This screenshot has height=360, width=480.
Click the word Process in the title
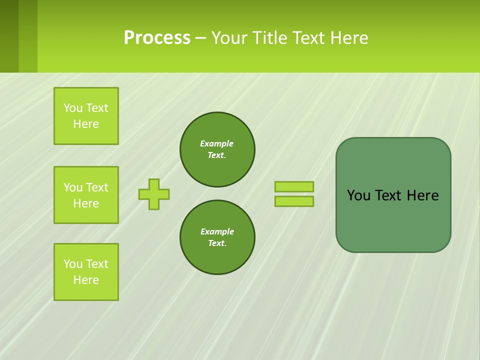coord(157,38)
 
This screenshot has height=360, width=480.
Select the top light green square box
coord(86,116)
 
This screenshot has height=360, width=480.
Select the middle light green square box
coord(86,195)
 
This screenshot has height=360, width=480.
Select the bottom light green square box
coord(86,272)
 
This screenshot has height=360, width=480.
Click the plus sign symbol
coord(154,194)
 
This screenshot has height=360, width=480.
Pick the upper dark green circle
coord(217,149)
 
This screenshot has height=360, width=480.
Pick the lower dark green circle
coord(217,237)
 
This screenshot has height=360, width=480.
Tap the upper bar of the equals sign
coord(294,186)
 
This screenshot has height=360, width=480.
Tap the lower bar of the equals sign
coord(294,201)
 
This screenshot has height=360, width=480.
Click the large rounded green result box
coord(393,220)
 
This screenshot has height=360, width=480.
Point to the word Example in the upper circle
coord(217,143)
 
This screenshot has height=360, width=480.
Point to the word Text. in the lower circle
coord(217,243)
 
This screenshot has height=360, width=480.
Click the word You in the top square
coord(73,108)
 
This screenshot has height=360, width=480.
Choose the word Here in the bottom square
coord(86,280)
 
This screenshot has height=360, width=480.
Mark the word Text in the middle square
coord(97,187)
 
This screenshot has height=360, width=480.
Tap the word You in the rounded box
coord(358,195)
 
